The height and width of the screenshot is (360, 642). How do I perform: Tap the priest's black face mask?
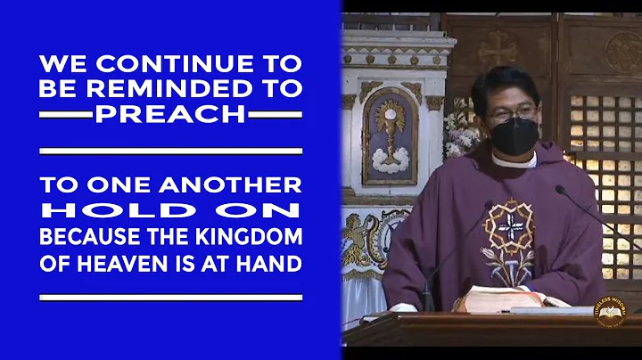point(513,136)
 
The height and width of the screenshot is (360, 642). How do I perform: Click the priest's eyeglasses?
point(512,112)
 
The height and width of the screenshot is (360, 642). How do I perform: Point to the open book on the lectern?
point(508,300)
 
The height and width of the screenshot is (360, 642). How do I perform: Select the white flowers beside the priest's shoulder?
point(462,129)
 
